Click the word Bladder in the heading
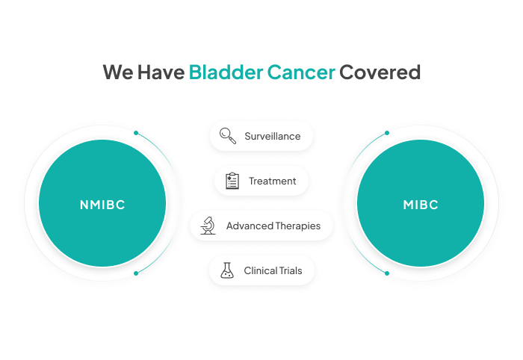tap(226, 72)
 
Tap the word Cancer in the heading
tap(301, 72)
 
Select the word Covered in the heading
tap(380, 72)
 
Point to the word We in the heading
tap(118, 72)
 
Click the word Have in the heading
tap(161, 72)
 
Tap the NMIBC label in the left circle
tap(102, 205)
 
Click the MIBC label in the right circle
tap(421, 205)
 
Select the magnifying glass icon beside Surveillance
tap(228, 136)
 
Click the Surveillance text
tap(273, 136)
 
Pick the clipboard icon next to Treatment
tap(232, 181)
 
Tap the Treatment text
tap(273, 181)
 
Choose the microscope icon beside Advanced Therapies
tap(208, 226)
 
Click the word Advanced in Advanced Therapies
tap(250, 226)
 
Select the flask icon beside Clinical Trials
tap(227, 270)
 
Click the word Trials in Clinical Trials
tap(289, 270)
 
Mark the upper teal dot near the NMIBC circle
tap(136, 133)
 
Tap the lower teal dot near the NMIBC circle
tap(136, 273)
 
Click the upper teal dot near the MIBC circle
tap(387, 133)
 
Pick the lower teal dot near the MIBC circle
tap(387, 273)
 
